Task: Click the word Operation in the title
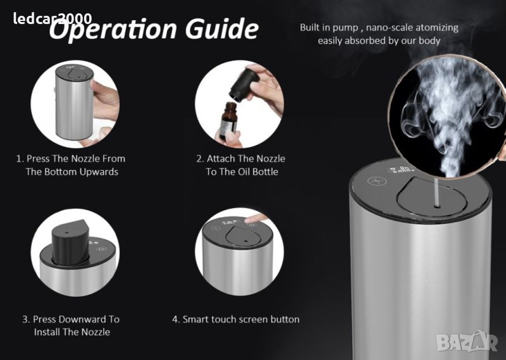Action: [113, 30]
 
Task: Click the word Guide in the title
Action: [222, 28]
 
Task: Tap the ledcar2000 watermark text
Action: [52, 18]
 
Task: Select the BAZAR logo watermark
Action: [467, 342]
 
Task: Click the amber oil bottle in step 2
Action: [228, 120]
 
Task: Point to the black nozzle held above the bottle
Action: [244, 85]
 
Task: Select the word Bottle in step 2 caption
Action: [266, 171]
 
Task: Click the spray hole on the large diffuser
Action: [437, 206]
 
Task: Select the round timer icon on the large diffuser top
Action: [377, 180]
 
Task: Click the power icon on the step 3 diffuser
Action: [102, 249]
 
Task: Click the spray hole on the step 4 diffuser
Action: [245, 240]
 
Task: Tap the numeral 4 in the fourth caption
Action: [175, 320]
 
